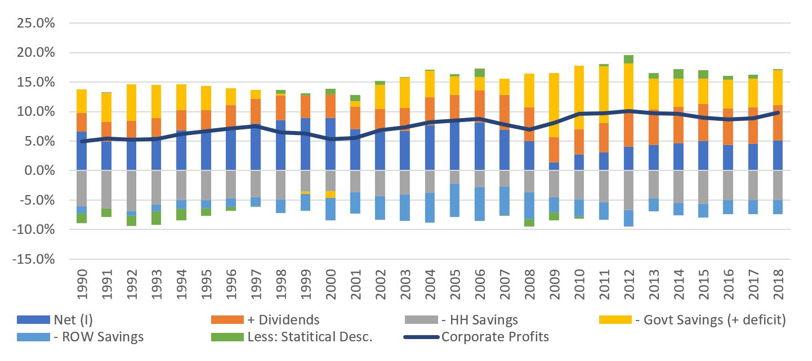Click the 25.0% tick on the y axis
click(x=37, y=23)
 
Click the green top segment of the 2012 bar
click(x=629, y=59)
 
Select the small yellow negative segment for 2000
click(x=331, y=194)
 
